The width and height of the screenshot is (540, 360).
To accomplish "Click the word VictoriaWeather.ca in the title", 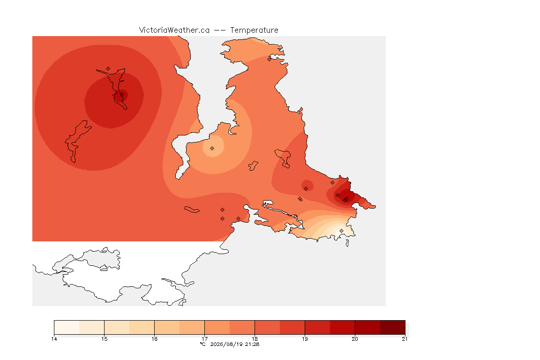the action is (174, 30).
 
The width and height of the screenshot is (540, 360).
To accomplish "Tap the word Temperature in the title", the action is (254, 30).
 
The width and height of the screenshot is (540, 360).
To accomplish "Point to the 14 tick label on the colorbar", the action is (54, 339).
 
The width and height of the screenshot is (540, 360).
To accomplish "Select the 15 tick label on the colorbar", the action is (105, 339).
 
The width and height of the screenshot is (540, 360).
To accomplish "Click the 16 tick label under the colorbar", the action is (154, 339).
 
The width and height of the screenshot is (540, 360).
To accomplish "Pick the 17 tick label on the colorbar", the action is (204, 339).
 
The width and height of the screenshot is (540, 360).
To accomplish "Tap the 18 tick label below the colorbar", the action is (255, 339).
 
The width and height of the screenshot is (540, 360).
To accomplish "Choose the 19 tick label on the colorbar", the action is (305, 339).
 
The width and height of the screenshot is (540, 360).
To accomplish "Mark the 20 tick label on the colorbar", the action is (355, 339).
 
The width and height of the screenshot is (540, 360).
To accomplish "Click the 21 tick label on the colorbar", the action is (405, 339).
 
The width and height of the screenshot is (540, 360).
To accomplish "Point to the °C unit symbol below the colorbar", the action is (202, 344).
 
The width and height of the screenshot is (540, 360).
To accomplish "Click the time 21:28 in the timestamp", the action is (252, 344).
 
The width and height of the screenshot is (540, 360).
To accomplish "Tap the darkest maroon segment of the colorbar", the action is (393, 327).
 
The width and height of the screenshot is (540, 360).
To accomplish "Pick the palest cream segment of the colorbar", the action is (67, 327).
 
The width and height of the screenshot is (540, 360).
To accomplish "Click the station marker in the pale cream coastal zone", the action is (341, 231).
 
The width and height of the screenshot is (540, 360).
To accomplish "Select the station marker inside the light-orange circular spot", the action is (212, 149).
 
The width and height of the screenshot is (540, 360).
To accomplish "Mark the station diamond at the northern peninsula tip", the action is (270, 59).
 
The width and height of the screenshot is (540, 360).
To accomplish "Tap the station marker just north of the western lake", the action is (108, 69).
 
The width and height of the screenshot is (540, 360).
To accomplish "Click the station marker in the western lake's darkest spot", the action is (122, 95).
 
